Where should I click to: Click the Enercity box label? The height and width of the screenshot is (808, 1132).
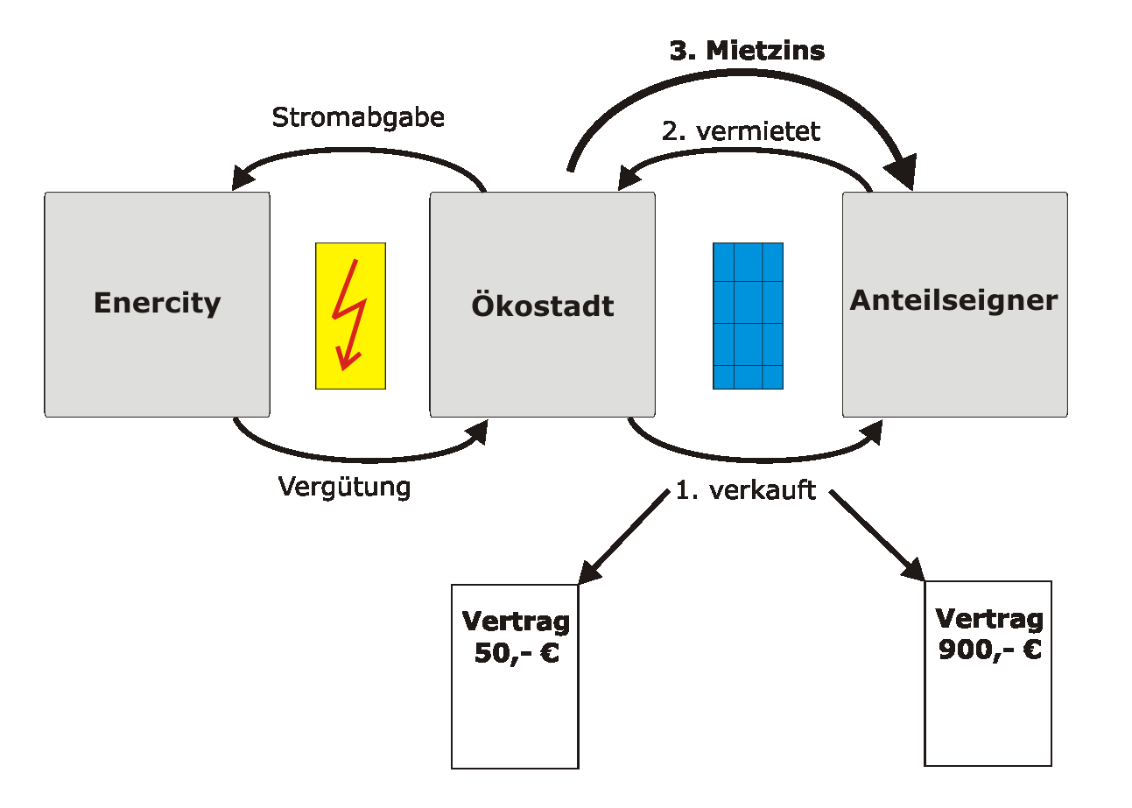(x=157, y=303)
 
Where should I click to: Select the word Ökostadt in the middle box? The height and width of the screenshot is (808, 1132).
(x=542, y=306)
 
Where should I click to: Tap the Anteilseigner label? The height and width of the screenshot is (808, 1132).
(x=953, y=300)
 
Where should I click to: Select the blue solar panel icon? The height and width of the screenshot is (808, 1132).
(x=748, y=315)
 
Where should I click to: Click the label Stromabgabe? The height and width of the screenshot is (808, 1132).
(x=358, y=117)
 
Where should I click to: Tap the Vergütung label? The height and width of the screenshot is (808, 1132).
(x=344, y=487)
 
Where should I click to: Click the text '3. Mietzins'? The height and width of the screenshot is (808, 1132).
(x=747, y=51)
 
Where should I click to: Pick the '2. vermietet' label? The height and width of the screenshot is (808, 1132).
(x=740, y=131)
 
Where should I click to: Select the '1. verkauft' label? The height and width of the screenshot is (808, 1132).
(x=745, y=490)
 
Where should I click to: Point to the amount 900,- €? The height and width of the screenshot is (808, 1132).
(x=989, y=650)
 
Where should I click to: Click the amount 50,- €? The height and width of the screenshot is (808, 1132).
(x=516, y=653)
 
